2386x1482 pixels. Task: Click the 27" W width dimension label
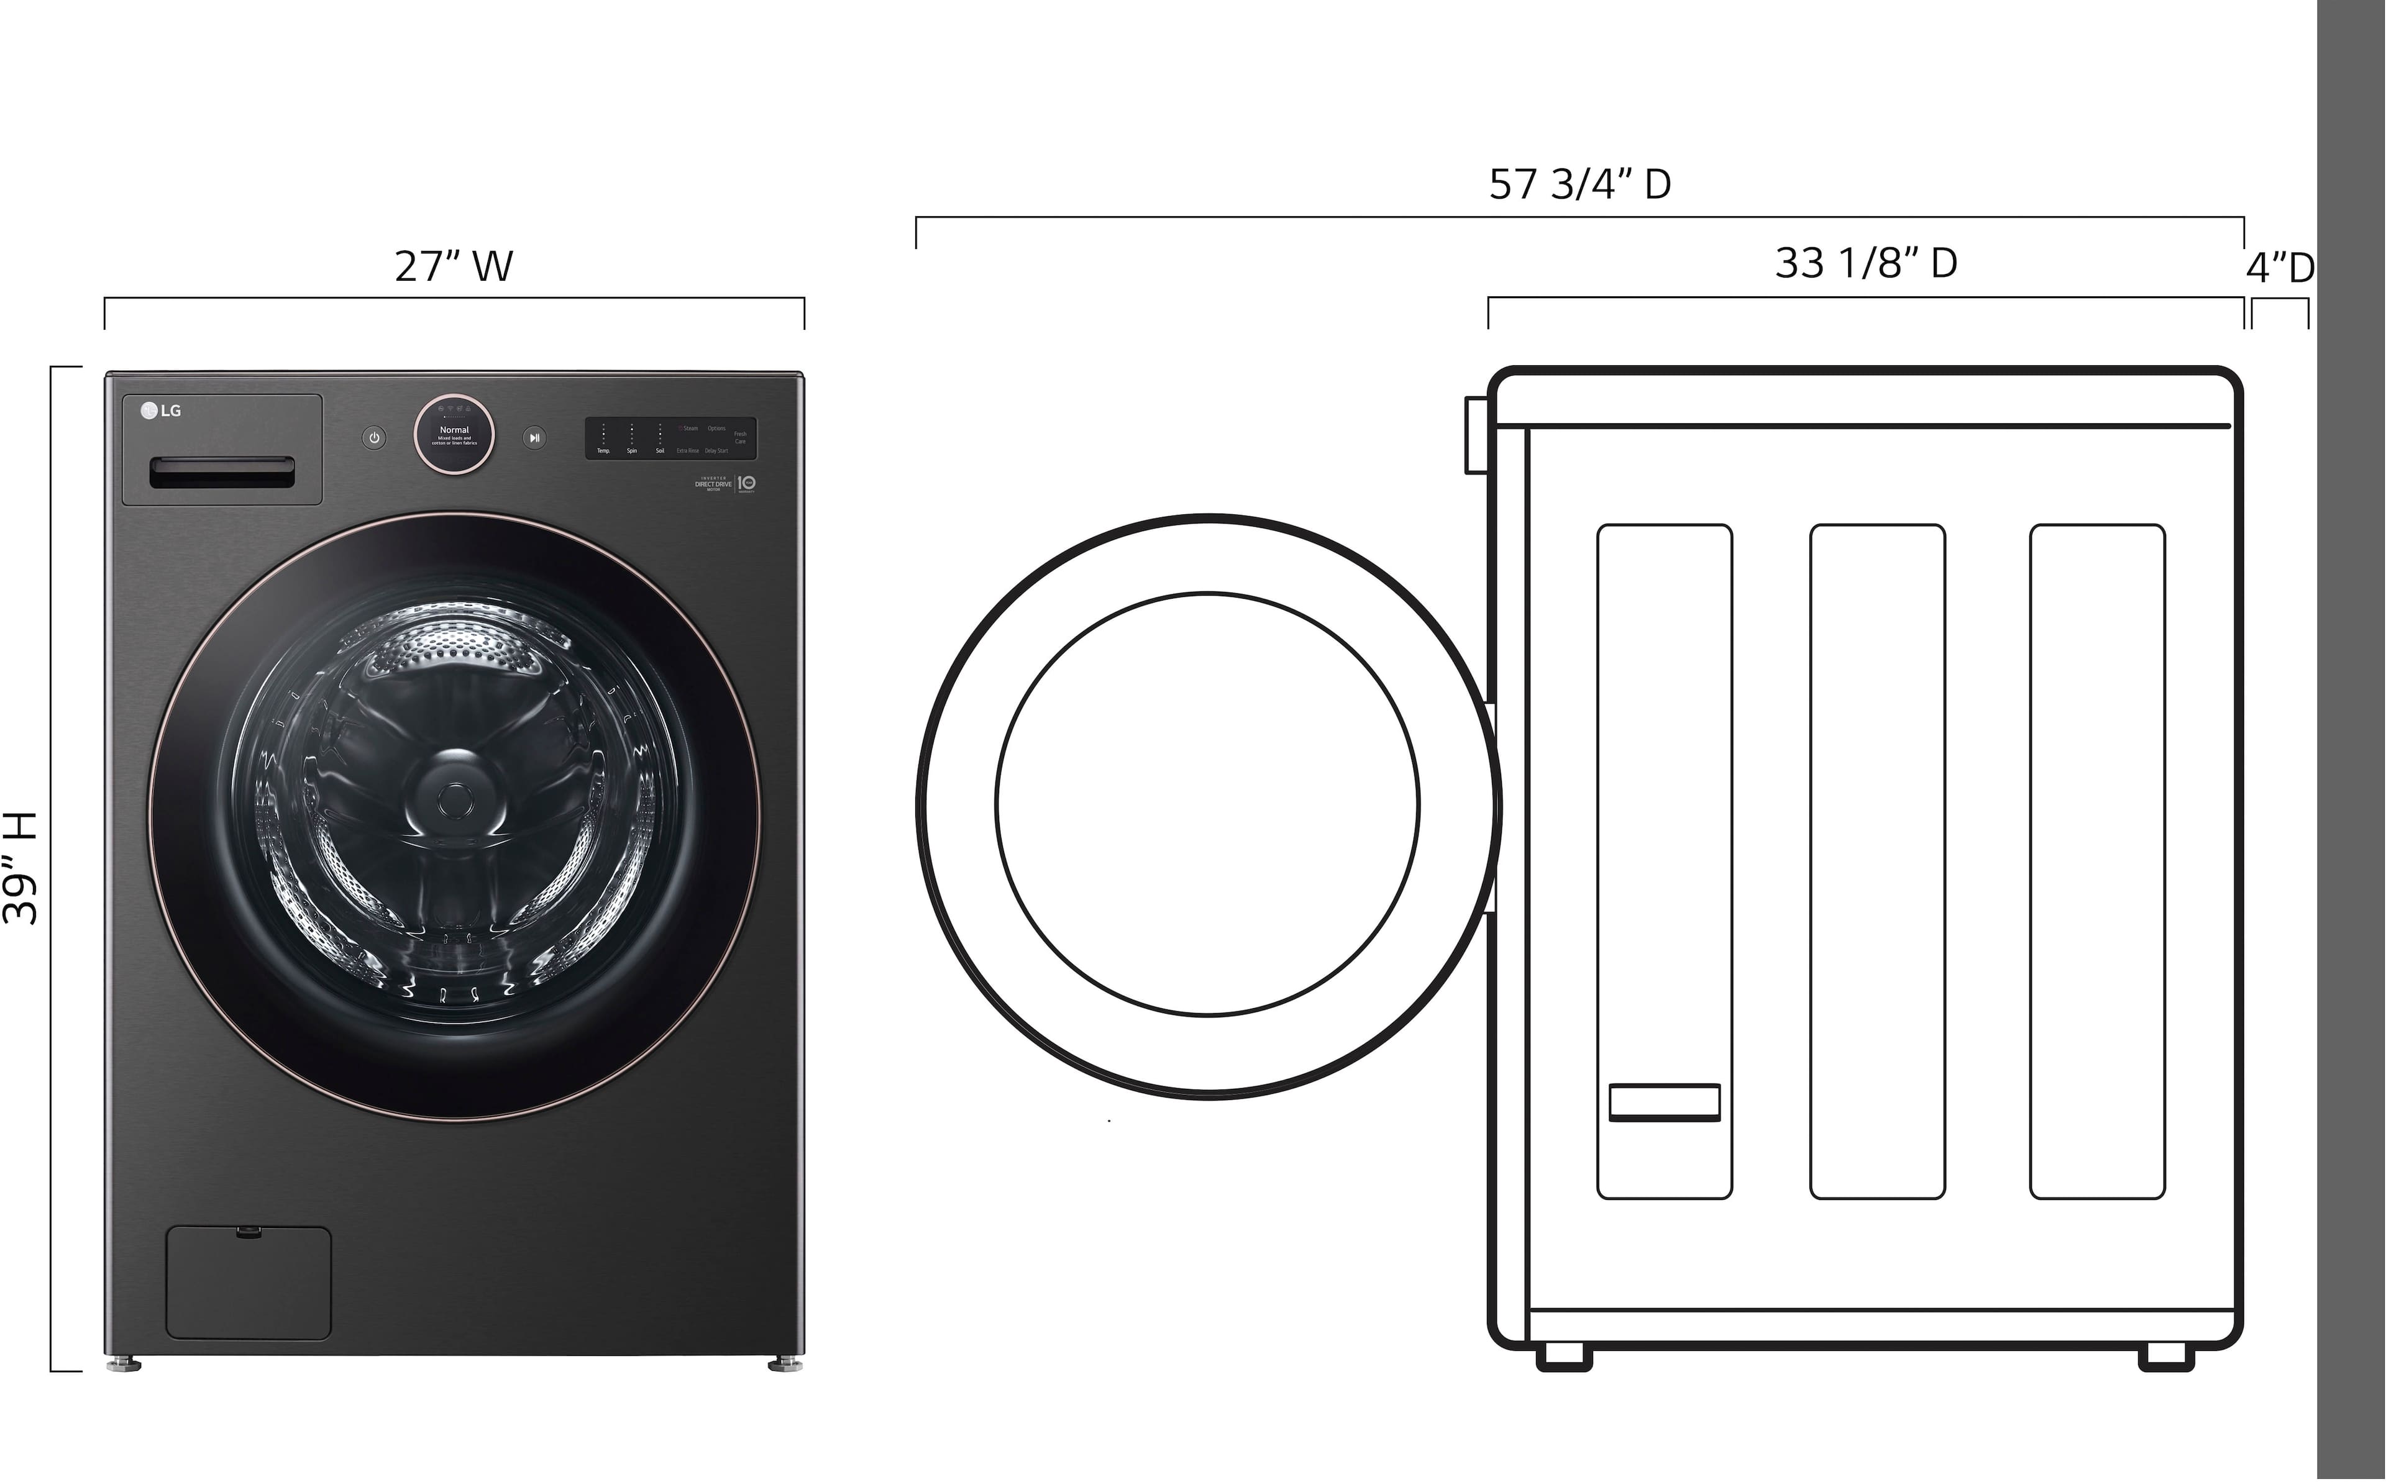coord(453,266)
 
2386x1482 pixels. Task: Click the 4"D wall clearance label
coord(2279,268)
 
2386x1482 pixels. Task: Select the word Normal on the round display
coord(454,429)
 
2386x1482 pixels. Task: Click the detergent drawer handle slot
coord(222,473)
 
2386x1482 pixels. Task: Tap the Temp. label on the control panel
coord(604,451)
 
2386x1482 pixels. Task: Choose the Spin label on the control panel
coord(633,451)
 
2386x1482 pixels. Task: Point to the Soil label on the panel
coord(660,451)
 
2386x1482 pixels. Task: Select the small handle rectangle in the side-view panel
coord(1663,1102)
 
